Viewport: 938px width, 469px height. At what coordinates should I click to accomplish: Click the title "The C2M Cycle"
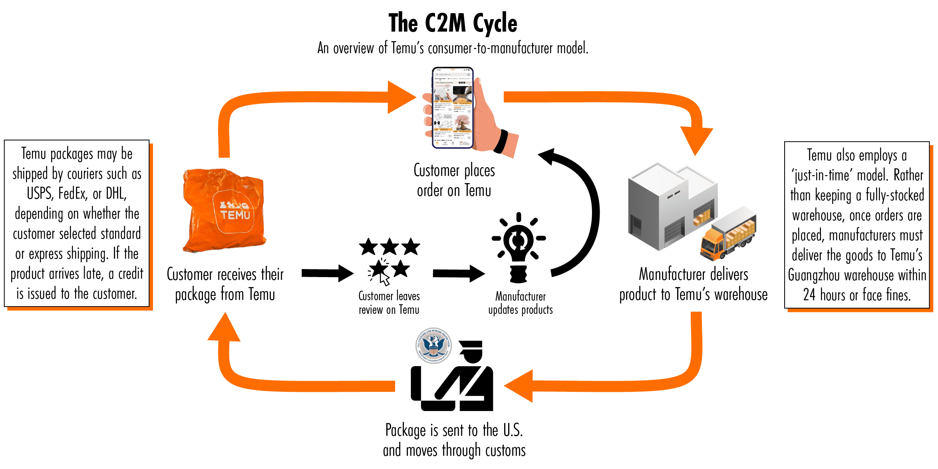(453, 23)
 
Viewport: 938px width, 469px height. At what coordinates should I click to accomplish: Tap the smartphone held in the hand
(453, 108)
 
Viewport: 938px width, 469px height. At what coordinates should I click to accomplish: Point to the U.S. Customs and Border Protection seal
(433, 345)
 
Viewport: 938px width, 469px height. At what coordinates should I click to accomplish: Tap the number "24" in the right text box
(809, 295)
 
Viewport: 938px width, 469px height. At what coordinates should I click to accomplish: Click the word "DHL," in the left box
(116, 194)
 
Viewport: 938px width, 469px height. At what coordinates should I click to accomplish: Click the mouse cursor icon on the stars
(384, 279)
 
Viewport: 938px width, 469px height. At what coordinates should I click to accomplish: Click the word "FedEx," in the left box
(73, 194)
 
